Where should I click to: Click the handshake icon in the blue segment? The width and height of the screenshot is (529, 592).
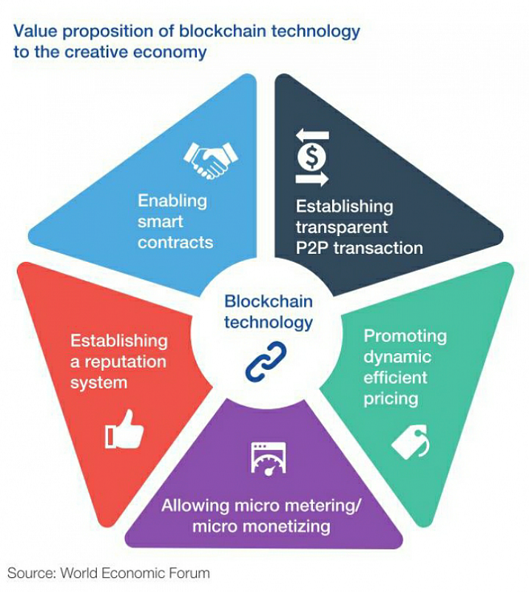pyautogui.click(x=210, y=158)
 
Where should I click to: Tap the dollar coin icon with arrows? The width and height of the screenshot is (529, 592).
pyautogui.click(x=312, y=157)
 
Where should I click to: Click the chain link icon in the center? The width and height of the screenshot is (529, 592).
pyautogui.click(x=265, y=360)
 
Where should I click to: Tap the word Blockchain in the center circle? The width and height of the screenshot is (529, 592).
pyautogui.click(x=269, y=301)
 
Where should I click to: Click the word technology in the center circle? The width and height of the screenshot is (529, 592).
pyautogui.click(x=269, y=323)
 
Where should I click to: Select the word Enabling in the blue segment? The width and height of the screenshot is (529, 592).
pyautogui.click(x=172, y=201)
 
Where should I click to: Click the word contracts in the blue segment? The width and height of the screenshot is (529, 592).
pyautogui.click(x=175, y=242)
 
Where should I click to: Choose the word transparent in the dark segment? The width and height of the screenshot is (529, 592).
pyautogui.click(x=341, y=226)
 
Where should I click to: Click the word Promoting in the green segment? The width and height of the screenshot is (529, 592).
pyautogui.click(x=405, y=337)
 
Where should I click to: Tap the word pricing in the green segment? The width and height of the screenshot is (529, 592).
pyautogui.click(x=391, y=399)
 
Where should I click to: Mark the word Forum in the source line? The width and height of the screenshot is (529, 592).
pyautogui.click(x=192, y=573)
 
